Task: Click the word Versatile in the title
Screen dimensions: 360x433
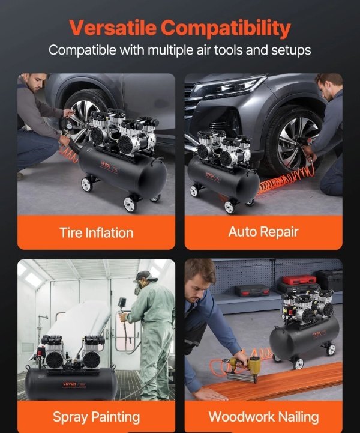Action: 113,28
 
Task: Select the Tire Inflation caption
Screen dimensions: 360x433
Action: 97,232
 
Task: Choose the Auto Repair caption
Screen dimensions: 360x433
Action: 263,232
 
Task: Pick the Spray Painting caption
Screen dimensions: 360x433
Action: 96,417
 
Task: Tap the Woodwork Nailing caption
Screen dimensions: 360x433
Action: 263,417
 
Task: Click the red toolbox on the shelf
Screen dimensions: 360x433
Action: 299,280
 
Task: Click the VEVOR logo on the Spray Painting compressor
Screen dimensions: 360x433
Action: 70,384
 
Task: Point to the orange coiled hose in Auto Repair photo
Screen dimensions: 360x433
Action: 286,179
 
